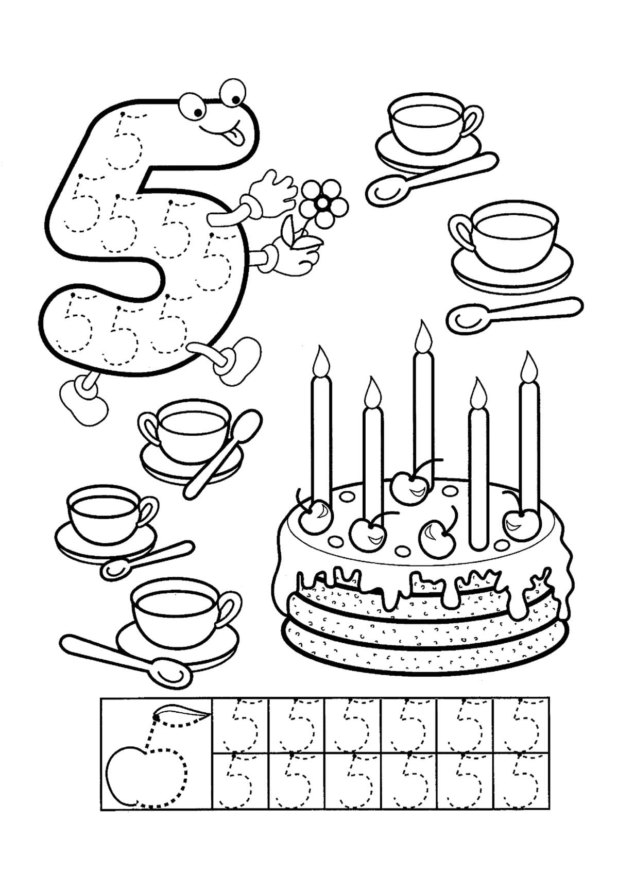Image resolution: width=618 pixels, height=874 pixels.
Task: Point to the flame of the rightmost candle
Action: click(529, 366)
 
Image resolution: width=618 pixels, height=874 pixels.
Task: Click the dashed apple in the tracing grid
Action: click(146, 763)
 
